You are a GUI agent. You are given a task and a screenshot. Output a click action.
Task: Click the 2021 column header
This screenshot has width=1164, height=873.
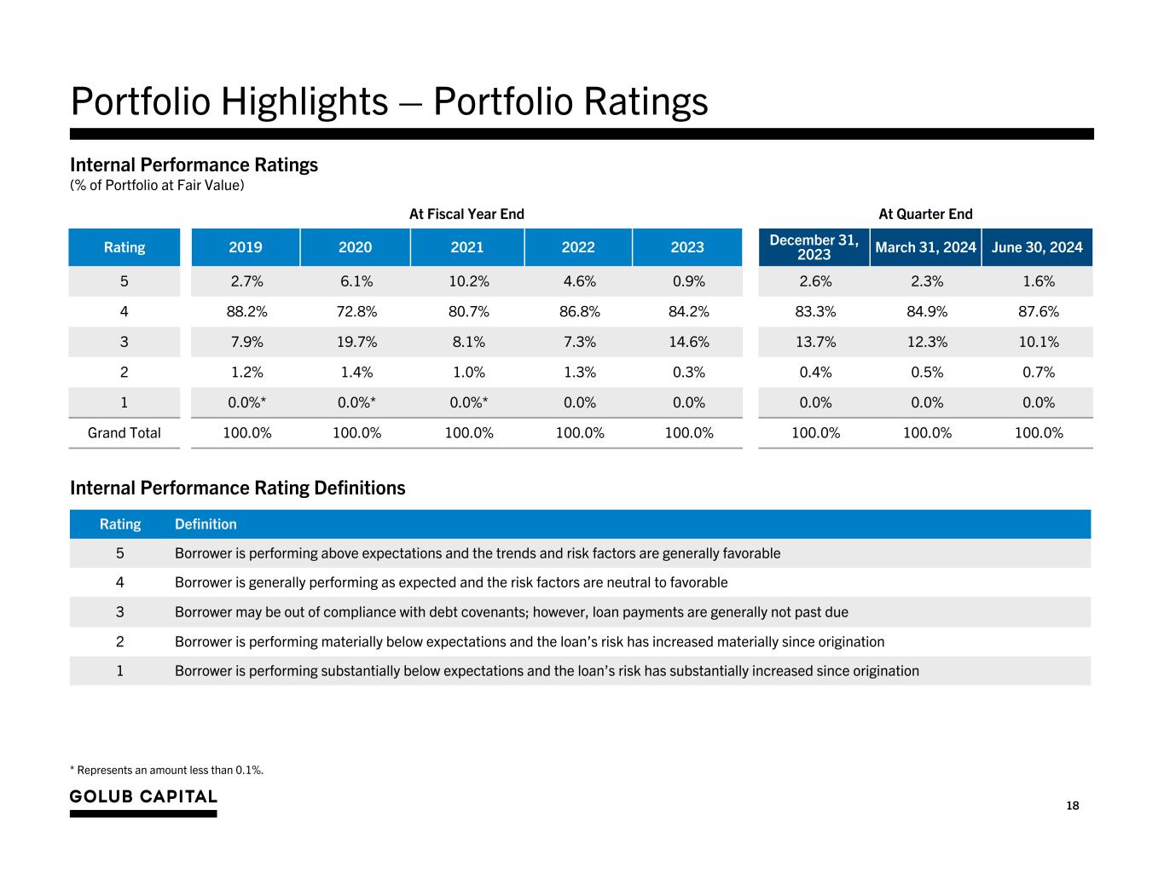point(466,247)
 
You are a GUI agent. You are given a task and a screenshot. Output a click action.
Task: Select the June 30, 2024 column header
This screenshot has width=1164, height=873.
point(1037,247)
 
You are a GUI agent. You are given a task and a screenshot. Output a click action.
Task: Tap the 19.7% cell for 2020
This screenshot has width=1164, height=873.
point(356,342)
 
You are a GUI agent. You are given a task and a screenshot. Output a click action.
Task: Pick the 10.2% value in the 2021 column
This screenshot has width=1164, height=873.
point(468,281)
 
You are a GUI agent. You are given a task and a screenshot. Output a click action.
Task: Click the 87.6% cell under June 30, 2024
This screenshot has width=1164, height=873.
point(1038,311)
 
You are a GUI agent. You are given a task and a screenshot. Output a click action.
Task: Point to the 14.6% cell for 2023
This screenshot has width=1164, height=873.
point(687,342)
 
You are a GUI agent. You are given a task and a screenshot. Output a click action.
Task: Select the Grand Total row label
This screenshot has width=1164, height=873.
point(125,433)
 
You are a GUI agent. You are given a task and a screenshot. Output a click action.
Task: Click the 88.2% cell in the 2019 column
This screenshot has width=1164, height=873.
point(246,311)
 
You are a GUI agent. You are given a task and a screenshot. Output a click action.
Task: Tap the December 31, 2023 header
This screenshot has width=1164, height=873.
point(814,247)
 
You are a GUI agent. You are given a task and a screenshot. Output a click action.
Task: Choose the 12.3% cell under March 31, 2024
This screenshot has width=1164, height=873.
point(926,342)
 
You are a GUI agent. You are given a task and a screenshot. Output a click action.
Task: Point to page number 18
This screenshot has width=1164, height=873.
point(1072,806)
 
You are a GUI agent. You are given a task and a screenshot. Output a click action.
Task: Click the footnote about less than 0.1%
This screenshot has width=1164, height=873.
point(167,770)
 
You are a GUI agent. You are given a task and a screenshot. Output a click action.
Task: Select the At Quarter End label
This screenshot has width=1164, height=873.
point(925,214)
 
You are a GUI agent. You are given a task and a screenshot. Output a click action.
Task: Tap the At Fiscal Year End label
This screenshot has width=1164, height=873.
point(466,214)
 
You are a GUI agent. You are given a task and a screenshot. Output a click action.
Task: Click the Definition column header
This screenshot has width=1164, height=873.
point(206,524)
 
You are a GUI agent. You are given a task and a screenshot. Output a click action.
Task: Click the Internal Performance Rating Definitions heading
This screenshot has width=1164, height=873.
point(237,488)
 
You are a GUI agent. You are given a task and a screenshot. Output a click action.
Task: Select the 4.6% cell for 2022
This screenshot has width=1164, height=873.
point(579,281)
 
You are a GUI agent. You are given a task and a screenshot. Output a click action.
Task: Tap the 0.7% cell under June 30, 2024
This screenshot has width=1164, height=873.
point(1038,372)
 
